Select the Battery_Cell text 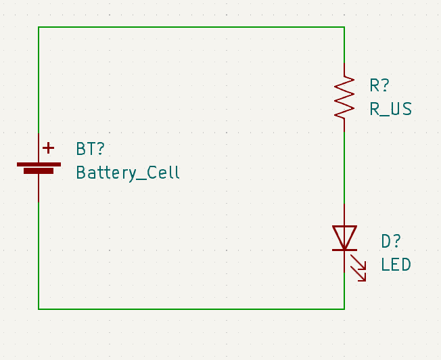(128, 173)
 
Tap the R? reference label (379, 85)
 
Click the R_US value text (390, 109)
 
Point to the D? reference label (391, 241)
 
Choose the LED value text (396, 265)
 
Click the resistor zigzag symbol (344, 97)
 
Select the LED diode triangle (344, 237)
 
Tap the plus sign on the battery (48, 148)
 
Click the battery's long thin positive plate (39, 164)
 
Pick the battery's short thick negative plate (39, 171)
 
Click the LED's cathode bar (344, 250)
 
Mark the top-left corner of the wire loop (39, 27)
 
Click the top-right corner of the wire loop (344, 27)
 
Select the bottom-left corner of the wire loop (39, 309)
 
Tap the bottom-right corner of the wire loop (344, 309)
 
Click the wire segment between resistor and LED (344, 166)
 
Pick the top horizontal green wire (191, 27)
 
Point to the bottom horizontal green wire (191, 309)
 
